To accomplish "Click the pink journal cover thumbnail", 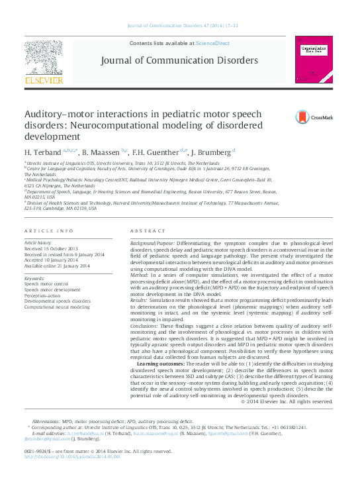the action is (x=315, y=59).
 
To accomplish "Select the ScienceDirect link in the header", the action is (x=212, y=42).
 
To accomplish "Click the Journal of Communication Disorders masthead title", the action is (x=179, y=60).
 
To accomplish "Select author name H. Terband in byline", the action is (x=42, y=152).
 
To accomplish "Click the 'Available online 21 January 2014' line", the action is (x=56, y=266).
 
